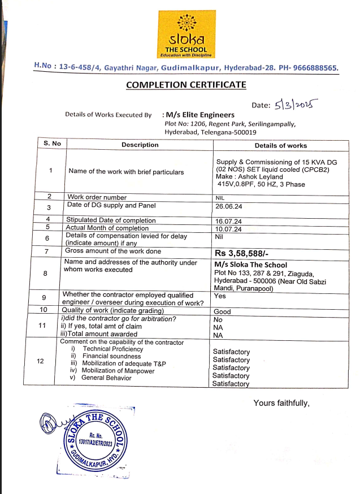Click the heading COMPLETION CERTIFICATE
[x=186, y=85]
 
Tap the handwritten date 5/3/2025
[x=296, y=105]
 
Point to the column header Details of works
[x=280, y=145]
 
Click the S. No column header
[x=52, y=144]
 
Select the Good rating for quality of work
[x=222, y=311]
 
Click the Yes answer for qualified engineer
[x=220, y=296]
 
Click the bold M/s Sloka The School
[x=251, y=265]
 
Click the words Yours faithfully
[x=281, y=403]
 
